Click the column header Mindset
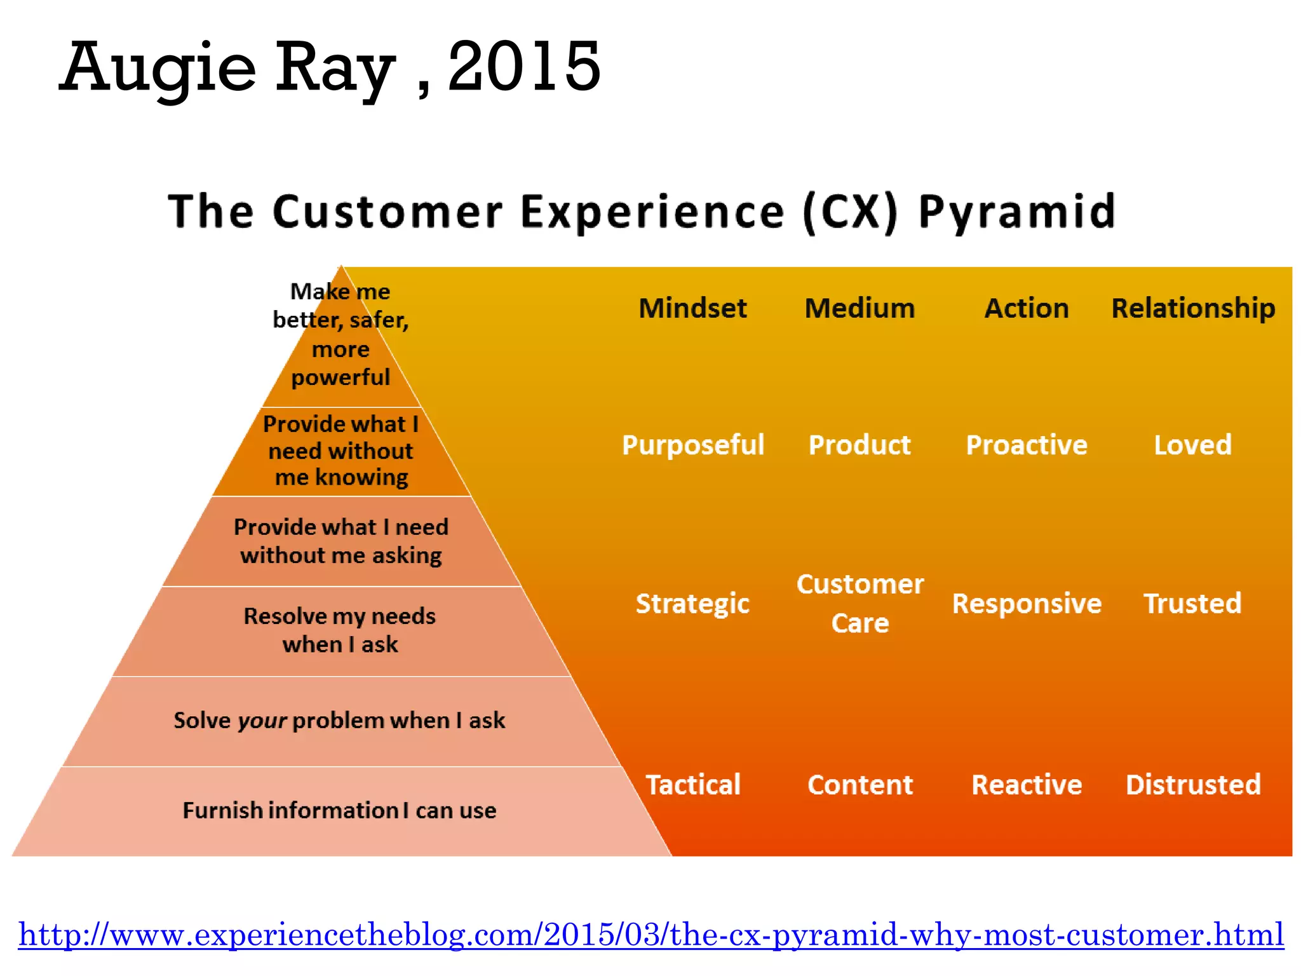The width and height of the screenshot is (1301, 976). point(692,308)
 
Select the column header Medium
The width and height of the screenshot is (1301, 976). point(859,308)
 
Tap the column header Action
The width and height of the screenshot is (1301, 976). point(1027,308)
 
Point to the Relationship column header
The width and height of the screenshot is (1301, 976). point(1193,308)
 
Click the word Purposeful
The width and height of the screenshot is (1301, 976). point(692,445)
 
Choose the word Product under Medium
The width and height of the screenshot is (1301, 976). point(859,445)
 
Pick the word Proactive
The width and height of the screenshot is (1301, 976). point(1027,445)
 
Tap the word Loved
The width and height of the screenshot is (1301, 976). point(1192,445)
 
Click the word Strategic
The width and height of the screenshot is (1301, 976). point(692,604)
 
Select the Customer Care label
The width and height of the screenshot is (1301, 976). point(860,603)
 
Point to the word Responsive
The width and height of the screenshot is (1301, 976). point(1027,604)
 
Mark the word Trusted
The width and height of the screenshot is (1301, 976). point(1192,604)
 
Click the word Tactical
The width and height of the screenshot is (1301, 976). point(693,785)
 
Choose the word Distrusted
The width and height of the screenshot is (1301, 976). point(1193,785)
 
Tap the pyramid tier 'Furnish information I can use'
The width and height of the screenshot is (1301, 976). point(339,811)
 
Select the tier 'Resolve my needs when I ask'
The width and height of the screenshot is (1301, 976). point(340,630)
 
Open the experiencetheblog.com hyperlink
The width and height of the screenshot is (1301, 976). point(650,935)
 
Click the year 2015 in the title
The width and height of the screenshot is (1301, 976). point(523,66)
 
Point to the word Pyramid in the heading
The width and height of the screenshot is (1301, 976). point(1016,212)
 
